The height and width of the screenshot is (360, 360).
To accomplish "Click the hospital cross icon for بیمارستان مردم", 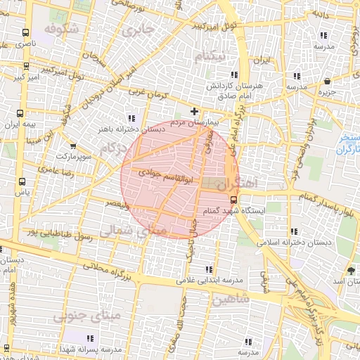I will [x=195, y=111].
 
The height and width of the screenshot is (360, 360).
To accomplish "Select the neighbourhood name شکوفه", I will [x=59, y=29].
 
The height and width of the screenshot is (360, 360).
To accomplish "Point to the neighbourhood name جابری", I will [x=137, y=31].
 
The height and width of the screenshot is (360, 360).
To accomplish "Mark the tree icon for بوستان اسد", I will [x=351, y=271].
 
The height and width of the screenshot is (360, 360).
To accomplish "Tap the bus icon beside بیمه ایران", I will [x=20, y=112].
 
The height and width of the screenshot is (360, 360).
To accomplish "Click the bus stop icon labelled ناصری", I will [x=26, y=32].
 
